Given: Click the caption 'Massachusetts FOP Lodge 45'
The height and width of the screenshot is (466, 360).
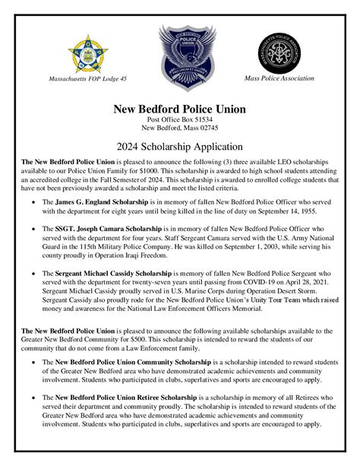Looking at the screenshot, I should tap(88, 79).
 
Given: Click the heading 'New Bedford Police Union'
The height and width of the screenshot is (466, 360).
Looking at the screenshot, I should tap(179, 109).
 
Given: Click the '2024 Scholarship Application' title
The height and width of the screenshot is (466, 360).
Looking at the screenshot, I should tap(179, 145).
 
